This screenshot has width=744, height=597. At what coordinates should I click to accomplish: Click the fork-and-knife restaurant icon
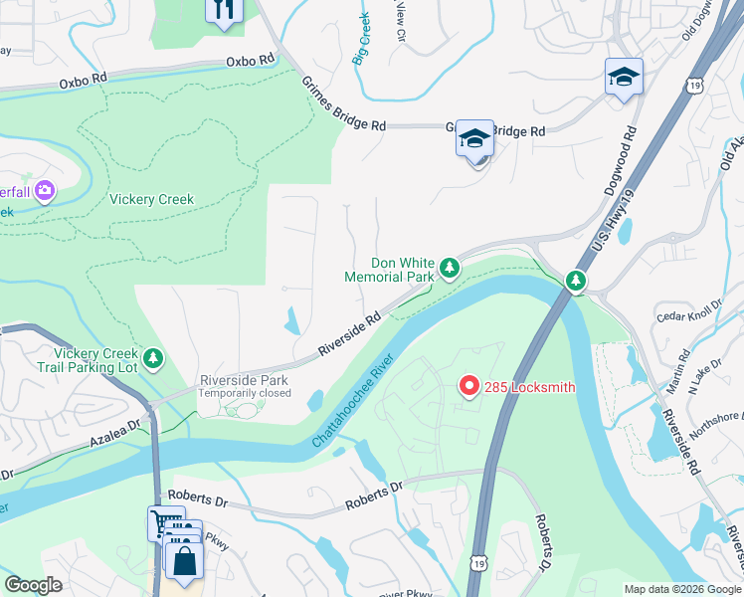tap(224, 10)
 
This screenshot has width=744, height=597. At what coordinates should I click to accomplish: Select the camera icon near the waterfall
tap(44, 189)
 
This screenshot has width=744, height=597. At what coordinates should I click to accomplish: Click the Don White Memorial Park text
tap(390, 269)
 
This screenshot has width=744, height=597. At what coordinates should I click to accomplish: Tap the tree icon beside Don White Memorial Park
tap(450, 267)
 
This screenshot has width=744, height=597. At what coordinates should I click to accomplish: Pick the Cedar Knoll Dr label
tap(687, 313)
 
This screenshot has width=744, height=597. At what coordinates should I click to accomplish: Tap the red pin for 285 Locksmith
tap(469, 386)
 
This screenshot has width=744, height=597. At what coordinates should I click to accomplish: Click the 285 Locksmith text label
tap(530, 387)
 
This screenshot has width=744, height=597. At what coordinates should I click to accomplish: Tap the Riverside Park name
tap(244, 380)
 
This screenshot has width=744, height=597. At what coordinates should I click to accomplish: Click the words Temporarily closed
tap(245, 393)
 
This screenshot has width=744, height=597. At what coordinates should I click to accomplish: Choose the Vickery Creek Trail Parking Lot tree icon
tap(152, 357)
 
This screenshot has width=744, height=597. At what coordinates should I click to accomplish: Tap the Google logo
tap(33, 585)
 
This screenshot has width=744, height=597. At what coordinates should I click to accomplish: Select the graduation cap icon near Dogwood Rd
tap(624, 78)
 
